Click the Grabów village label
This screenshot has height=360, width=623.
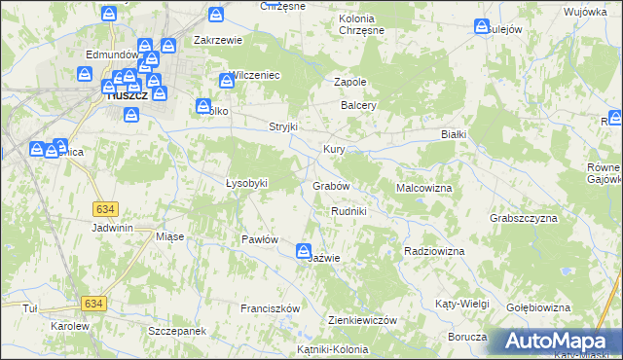331,185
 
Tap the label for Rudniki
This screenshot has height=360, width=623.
348,211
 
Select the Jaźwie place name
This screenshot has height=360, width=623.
323,258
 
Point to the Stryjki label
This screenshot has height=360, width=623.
282,127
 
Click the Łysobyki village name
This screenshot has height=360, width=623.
246,183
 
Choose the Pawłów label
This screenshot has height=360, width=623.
260,239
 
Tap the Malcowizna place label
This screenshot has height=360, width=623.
423,186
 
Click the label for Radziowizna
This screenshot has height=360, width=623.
433,251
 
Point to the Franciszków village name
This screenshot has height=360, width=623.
270,308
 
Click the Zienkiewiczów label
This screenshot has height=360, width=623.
363,320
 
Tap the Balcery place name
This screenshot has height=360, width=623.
357,105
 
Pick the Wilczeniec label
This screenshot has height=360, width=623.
255,75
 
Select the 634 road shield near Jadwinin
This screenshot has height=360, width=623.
106,208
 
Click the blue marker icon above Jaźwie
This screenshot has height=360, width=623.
304,251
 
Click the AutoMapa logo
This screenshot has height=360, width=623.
559,341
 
